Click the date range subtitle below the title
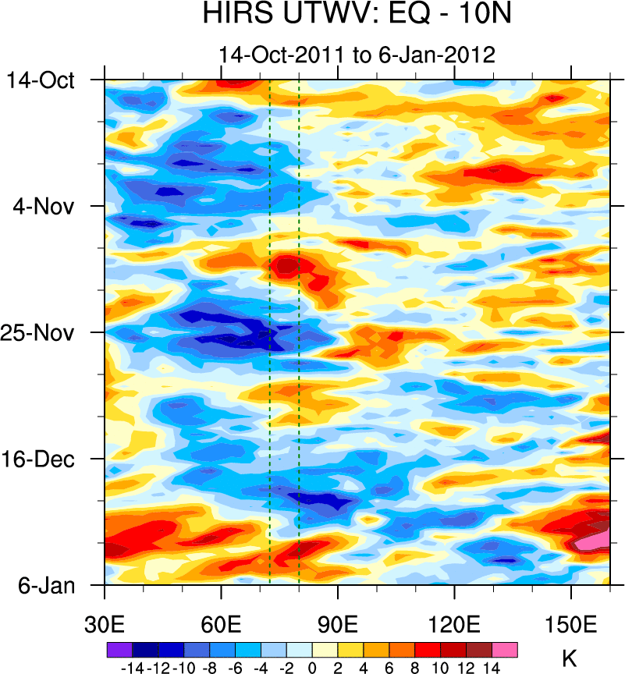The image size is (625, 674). [357, 55]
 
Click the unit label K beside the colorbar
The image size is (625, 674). [569, 658]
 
